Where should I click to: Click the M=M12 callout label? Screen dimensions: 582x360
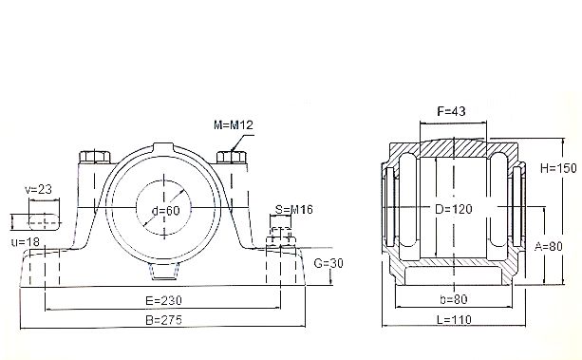234,124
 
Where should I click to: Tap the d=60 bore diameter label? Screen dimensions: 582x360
166,211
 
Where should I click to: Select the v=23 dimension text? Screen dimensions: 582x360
39,189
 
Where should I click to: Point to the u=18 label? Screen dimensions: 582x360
26,242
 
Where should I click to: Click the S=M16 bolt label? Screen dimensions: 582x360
294,210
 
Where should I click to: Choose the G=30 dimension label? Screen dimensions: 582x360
329,263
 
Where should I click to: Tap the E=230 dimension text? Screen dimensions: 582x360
163,300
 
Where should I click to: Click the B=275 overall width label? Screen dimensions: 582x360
163,320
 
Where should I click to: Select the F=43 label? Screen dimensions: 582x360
451,111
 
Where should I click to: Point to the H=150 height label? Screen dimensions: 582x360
558,168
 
